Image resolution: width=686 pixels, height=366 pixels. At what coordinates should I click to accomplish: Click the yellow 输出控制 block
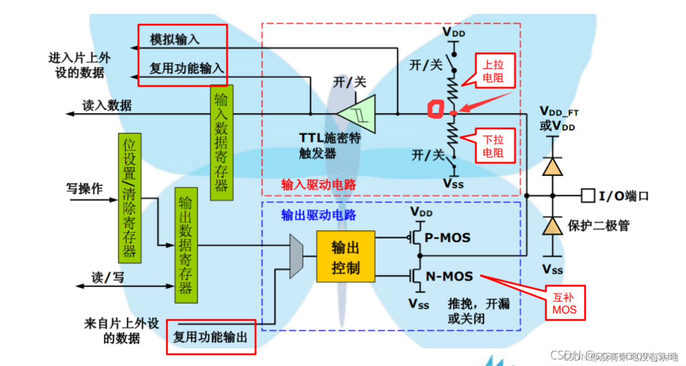(345, 256)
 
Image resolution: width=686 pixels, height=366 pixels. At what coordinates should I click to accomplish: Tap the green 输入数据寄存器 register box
(221, 143)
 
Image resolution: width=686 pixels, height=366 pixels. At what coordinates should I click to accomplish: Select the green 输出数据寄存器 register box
(186, 245)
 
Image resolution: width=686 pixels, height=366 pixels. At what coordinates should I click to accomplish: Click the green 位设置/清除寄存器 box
(130, 198)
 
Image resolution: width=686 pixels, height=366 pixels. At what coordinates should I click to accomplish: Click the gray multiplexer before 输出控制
(296, 256)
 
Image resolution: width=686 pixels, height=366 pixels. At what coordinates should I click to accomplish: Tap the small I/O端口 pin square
(588, 196)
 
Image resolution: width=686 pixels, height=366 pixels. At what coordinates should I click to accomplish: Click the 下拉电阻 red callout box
(493, 146)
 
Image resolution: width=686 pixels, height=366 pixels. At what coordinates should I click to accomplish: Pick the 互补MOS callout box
(565, 303)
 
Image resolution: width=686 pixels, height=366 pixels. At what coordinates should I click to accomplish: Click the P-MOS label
(447, 237)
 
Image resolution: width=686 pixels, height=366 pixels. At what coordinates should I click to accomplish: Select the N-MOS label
(449, 276)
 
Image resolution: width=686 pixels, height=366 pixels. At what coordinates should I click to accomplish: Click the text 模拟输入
(174, 40)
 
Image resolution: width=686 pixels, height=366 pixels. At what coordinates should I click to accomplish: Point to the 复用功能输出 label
(210, 338)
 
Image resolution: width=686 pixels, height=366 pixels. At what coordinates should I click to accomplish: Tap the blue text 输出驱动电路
(318, 215)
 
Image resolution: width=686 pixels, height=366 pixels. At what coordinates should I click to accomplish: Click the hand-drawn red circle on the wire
(435, 110)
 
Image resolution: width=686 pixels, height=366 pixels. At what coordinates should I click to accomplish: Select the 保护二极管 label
(599, 226)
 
